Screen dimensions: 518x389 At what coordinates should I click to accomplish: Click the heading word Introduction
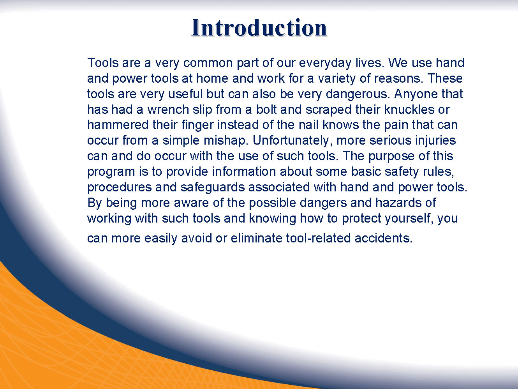pyautogui.click(x=259, y=28)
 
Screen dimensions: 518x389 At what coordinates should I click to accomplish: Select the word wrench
pyautogui.click(x=168, y=110)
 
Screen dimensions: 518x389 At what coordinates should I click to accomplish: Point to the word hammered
pyautogui.click(x=118, y=125)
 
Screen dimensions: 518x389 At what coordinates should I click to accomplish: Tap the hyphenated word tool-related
pyautogui.click(x=318, y=238)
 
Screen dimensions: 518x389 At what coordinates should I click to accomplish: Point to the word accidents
pyautogui.click(x=384, y=238)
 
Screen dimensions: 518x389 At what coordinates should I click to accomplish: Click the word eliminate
pyautogui.click(x=257, y=238)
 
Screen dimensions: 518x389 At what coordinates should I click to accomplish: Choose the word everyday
pyautogui.click(x=325, y=63)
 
